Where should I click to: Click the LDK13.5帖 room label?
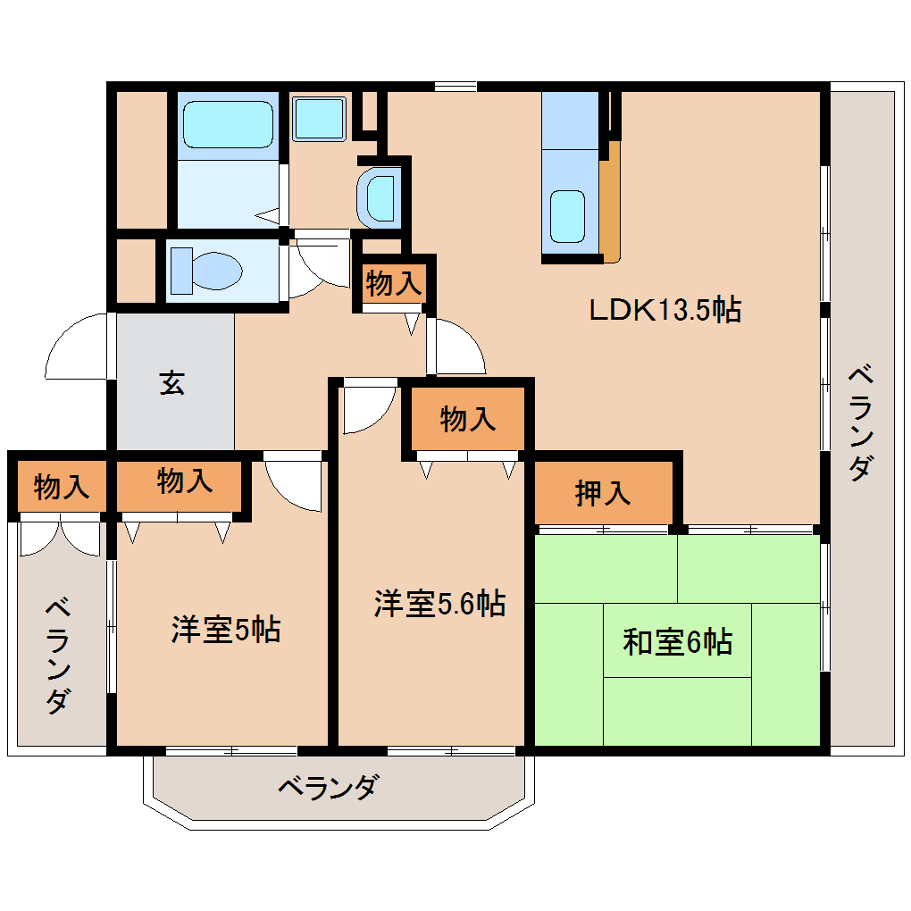664,310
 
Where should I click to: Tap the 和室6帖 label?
677,641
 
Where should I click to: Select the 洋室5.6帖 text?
439,604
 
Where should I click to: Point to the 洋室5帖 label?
225,630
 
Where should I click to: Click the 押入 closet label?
603,492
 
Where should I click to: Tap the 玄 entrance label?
173,383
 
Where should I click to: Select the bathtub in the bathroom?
228,124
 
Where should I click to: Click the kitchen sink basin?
567,215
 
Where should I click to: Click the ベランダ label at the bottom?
328,789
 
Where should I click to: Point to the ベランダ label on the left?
58,657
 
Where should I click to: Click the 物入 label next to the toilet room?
393,284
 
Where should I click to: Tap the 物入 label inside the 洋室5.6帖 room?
467,419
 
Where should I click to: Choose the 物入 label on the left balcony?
61,487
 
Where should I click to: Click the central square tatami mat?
677,640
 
